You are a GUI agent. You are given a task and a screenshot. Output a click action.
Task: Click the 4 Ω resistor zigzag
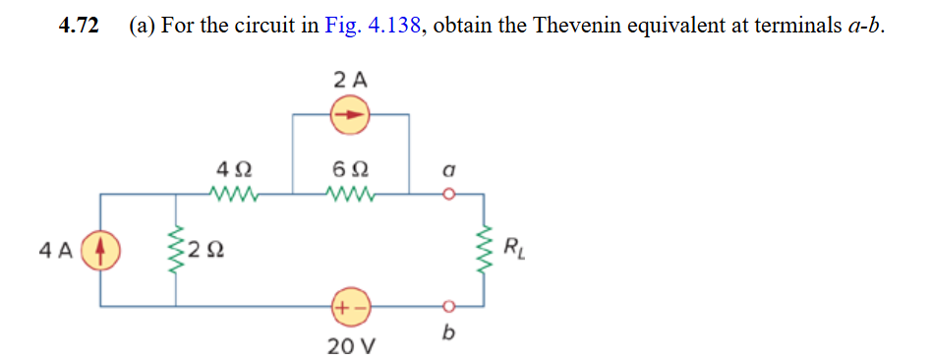coord(233,194)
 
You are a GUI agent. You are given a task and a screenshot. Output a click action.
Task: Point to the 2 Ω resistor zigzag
coord(177,250)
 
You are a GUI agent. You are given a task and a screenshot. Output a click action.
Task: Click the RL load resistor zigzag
coord(483,249)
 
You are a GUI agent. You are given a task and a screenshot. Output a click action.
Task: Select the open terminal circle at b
coord(448,306)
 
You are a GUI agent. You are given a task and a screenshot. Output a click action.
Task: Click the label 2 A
coord(350,80)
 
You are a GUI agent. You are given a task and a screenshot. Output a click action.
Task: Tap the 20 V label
coord(350,346)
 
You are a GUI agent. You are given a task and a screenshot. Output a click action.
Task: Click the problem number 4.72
coord(79,27)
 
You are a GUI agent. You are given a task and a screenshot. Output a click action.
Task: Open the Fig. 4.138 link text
coord(374,27)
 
